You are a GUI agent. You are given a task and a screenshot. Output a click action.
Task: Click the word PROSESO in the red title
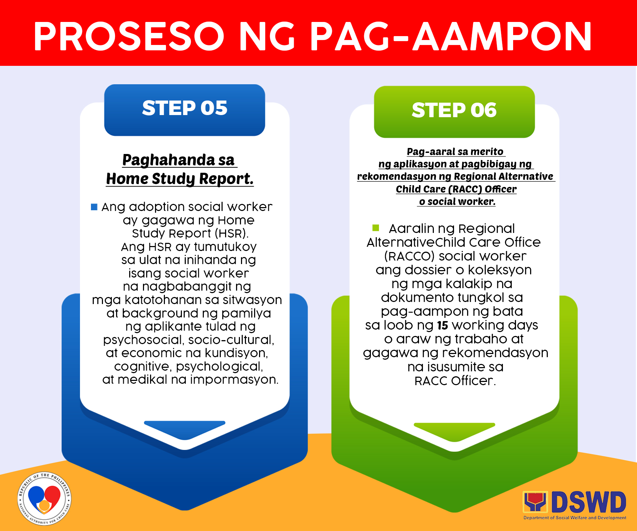point(129,36)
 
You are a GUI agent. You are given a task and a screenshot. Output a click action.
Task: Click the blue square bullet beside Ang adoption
point(94,207)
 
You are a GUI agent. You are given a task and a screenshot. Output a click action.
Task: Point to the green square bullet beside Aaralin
point(376,228)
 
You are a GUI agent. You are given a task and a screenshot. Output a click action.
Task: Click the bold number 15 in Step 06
point(442,325)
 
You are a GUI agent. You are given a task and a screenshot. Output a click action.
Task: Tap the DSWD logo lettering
point(589,502)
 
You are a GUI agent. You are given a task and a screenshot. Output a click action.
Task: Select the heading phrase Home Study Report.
point(180,179)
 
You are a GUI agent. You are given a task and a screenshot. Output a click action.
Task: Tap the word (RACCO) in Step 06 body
point(409,256)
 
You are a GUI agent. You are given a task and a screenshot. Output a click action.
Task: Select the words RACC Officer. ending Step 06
point(455,381)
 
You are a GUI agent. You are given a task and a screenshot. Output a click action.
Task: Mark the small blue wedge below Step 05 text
point(185,429)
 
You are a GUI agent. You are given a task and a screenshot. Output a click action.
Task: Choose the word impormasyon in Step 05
point(234,379)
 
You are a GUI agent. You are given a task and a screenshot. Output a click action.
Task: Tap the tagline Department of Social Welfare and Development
point(575,518)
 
